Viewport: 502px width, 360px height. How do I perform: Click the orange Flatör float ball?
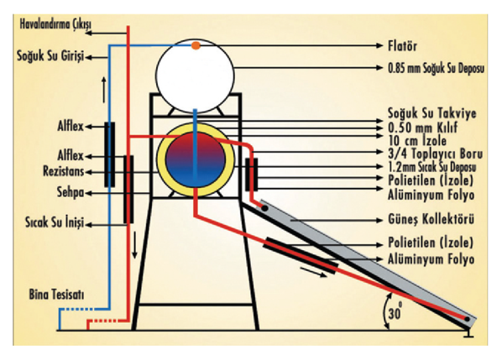(x=196, y=45)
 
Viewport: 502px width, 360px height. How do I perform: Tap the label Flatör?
(x=402, y=46)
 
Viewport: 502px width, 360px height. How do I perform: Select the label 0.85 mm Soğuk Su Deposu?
(x=436, y=68)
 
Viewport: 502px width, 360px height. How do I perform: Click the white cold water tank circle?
(x=195, y=76)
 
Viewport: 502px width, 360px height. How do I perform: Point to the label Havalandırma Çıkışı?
(x=55, y=24)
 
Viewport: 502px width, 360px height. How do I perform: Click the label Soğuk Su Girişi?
(x=50, y=56)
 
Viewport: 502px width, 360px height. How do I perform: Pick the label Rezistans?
(x=64, y=171)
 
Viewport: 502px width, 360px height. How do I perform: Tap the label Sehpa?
(x=71, y=192)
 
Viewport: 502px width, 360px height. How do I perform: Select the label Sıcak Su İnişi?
(x=55, y=222)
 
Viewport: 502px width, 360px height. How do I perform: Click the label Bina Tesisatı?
(x=57, y=295)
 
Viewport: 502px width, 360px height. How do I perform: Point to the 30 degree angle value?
(x=395, y=312)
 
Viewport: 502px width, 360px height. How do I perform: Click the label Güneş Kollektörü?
(x=431, y=220)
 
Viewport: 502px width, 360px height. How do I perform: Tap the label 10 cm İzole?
(x=417, y=140)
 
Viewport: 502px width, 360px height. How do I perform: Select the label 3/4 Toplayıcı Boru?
(x=435, y=154)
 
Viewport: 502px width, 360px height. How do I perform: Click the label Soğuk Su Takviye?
(x=431, y=113)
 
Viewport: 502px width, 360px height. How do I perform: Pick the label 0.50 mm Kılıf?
(x=422, y=128)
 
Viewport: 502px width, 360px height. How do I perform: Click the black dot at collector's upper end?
(x=264, y=208)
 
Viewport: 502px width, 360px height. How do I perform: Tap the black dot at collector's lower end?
(x=467, y=319)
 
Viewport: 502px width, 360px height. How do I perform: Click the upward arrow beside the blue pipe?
(x=104, y=90)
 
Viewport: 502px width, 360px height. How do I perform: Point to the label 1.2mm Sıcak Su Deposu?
(x=431, y=167)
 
